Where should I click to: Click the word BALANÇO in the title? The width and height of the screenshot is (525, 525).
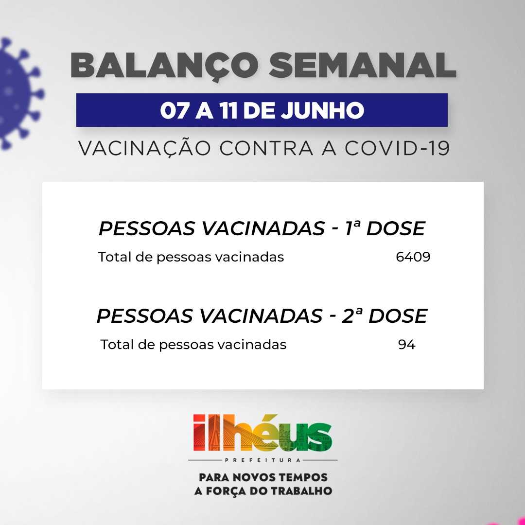165,65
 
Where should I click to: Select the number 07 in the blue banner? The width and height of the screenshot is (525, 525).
174,110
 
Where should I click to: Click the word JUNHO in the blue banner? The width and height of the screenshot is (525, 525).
322,110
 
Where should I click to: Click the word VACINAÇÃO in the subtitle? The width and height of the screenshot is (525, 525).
145,148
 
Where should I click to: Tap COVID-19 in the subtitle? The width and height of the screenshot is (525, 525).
397,148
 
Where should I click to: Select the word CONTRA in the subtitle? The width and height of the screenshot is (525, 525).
266,148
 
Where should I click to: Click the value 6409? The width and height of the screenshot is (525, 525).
413,257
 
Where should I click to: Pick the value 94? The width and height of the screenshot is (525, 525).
407,345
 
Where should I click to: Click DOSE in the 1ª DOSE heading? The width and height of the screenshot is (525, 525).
396,228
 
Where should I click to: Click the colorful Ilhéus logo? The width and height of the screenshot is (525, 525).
262,433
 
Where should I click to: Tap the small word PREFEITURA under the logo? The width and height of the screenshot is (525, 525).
263,460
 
